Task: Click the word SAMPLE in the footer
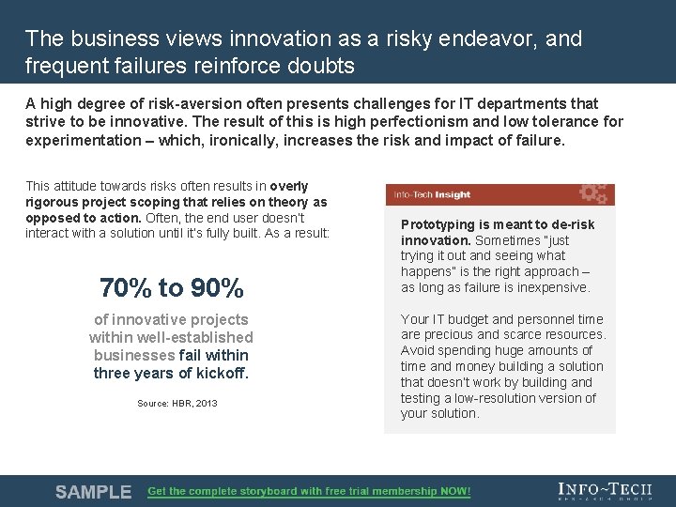tap(93, 492)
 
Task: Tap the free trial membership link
tap(309, 492)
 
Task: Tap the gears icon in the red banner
tap(593, 193)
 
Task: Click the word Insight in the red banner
tap(453, 194)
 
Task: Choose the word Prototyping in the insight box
tap(438, 224)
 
